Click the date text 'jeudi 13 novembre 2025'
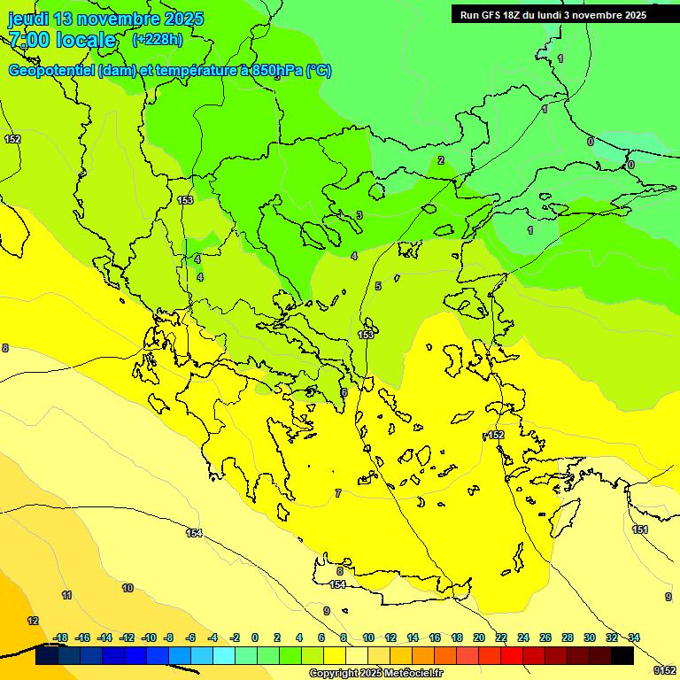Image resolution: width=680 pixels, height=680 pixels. (105, 19)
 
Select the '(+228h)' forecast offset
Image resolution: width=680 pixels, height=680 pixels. (158, 40)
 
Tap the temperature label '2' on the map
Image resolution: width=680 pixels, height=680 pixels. (441, 160)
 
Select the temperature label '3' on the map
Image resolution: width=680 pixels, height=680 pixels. (359, 215)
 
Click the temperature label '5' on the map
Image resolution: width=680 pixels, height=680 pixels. (378, 286)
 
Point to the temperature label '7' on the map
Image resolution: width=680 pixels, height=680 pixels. (337, 493)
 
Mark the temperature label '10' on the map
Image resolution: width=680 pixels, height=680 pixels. (127, 588)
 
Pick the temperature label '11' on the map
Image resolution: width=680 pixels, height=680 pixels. (66, 595)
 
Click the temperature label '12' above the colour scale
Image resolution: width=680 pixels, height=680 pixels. (33, 621)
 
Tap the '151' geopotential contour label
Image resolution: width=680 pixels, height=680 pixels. (640, 529)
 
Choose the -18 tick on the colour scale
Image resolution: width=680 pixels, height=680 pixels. (60, 637)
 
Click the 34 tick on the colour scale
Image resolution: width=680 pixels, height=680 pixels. (633, 637)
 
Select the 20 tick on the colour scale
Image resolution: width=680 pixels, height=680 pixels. (479, 637)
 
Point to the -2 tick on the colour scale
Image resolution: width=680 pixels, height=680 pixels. (234, 637)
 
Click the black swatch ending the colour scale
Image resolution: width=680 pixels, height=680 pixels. (622, 656)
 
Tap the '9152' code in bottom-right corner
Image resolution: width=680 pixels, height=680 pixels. (665, 670)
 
